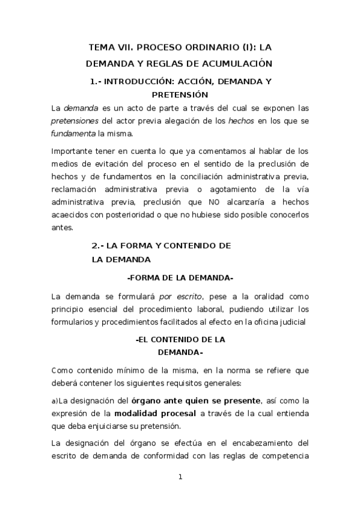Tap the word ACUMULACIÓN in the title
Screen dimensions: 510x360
coord(239,63)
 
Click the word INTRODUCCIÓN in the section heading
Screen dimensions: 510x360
coord(137,81)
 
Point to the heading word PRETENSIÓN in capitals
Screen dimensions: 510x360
coord(180,94)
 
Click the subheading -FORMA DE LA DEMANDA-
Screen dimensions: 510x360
coord(180,278)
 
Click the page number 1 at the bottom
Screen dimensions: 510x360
coord(180,478)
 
